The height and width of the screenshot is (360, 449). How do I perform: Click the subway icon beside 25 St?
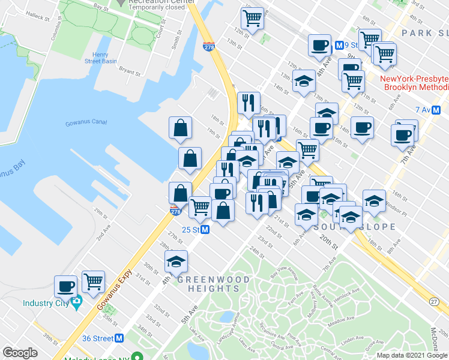(x=205, y=230)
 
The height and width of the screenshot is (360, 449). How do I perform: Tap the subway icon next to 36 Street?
(x=119, y=338)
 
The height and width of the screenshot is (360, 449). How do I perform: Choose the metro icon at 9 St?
(x=339, y=44)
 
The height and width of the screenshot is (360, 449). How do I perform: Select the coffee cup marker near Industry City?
(x=65, y=286)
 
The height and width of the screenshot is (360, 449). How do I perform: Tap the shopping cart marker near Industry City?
(x=93, y=281)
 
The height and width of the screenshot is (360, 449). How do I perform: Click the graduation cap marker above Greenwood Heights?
(x=176, y=261)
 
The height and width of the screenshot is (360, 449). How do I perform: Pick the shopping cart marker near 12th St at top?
(x=254, y=17)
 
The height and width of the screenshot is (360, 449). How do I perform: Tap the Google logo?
(x=20, y=353)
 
